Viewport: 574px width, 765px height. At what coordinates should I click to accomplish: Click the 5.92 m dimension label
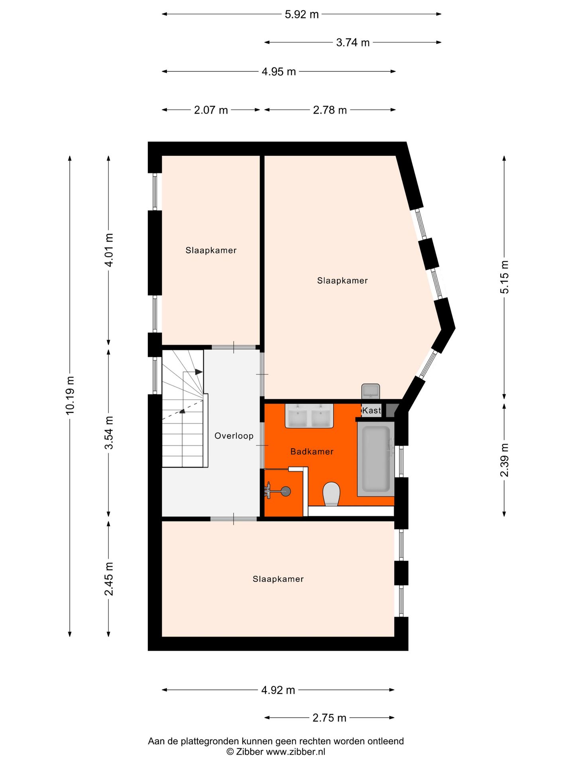click(x=301, y=15)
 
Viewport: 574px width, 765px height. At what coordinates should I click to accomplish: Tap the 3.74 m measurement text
click(x=353, y=43)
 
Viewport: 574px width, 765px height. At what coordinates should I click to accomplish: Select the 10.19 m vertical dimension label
click(x=70, y=395)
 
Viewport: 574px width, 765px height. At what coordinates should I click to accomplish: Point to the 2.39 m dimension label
click(x=504, y=460)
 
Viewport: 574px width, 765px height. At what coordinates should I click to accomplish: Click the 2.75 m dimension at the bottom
click(x=329, y=718)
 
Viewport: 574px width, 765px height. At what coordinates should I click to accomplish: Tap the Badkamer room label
click(x=312, y=451)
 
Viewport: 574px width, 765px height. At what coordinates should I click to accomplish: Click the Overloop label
click(x=234, y=436)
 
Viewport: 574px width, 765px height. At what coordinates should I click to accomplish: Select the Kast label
click(x=372, y=410)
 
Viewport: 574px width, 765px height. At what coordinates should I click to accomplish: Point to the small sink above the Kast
click(x=371, y=391)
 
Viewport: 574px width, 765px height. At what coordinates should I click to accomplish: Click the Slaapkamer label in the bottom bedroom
click(x=278, y=579)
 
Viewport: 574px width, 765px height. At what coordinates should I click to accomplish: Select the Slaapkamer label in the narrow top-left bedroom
click(x=211, y=250)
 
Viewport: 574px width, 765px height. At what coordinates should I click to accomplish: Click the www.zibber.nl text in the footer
click(x=295, y=752)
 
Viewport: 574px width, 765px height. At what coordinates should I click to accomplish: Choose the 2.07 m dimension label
click(x=211, y=110)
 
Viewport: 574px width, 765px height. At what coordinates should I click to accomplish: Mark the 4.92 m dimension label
click(x=278, y=690)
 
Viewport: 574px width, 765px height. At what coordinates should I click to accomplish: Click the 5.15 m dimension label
click(x=504, y=277)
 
